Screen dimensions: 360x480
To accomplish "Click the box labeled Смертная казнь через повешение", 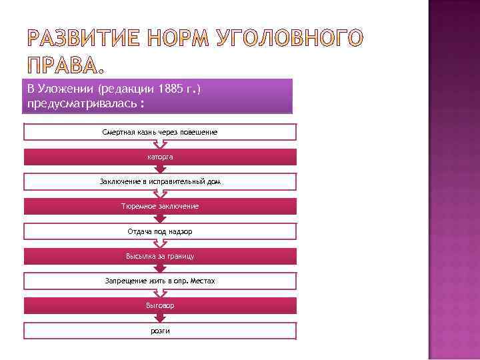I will (160, 132).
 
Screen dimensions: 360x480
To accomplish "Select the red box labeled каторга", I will (160, 157).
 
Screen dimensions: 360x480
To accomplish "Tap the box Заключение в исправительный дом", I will (160, 181).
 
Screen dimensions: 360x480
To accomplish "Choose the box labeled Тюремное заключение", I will (160, 206).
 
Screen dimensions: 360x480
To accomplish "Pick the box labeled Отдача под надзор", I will (160, 231).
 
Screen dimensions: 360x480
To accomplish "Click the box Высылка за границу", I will (160, 256).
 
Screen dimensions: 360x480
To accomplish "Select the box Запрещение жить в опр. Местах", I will (160, 281).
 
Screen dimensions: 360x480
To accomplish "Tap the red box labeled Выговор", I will (160, 305).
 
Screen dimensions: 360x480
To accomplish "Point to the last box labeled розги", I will (160, 331).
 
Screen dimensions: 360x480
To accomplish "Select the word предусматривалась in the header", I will (80, 104).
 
